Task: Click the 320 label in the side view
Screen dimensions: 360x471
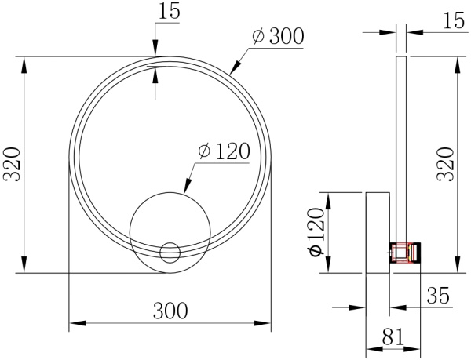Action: point(445,164)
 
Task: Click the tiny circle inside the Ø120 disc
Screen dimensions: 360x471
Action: point(170,252)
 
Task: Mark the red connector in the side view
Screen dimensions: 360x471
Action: point(405,252)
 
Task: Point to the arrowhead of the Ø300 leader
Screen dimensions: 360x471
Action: point(232,71)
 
